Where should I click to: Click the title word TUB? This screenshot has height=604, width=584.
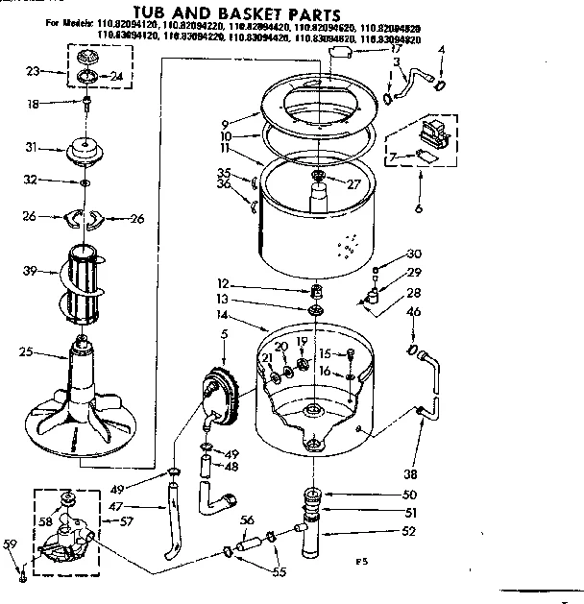point(202,14)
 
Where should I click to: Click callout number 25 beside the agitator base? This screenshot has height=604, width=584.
point(27,353)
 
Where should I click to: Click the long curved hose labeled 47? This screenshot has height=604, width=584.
point(171,523)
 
